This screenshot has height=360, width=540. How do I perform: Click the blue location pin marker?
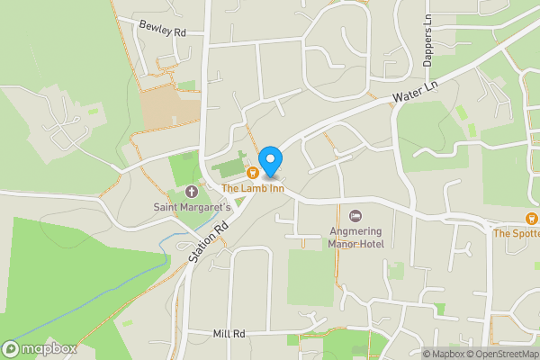(x=269, y=160)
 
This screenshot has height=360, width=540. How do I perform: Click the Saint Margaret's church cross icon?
(x=191, y=192)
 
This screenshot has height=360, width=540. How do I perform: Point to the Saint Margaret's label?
(x=191, y=207)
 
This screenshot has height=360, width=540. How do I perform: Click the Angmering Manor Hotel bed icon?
(x=355, y=216)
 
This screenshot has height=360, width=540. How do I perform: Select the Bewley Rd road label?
(x=162, y=28)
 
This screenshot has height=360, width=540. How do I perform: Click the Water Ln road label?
(x=415, y=91)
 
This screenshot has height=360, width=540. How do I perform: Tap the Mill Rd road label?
(x=229, y=334)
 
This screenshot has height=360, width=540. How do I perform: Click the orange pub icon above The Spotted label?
(x=532, y=219)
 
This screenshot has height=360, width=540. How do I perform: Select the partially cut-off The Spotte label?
(x=516, y=233)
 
